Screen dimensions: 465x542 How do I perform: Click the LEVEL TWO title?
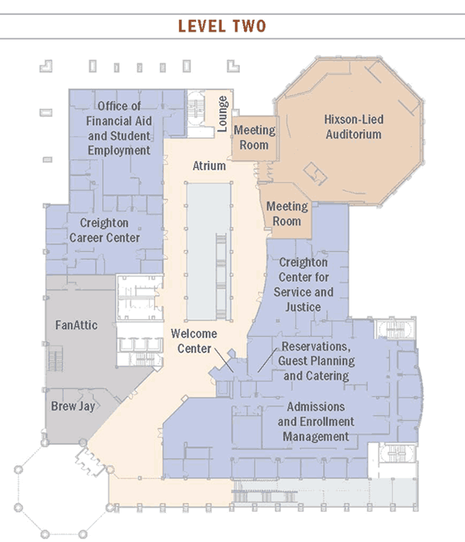[222, 26]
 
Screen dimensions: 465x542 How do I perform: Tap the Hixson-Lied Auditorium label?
[354, 127]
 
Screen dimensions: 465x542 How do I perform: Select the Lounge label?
[222, 114]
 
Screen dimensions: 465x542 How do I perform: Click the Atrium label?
[209, 166]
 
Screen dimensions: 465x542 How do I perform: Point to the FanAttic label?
[77, 325]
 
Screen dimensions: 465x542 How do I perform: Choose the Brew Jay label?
[73, 406]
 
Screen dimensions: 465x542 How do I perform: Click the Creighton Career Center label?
[105, 230]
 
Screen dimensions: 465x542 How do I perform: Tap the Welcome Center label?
[194, 341]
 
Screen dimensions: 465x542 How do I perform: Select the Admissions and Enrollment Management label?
[316, 422]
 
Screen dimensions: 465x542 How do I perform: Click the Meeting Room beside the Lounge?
[254, 138]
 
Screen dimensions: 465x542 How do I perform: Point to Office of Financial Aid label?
[119, 128]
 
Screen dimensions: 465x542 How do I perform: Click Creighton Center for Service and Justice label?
[304, 285]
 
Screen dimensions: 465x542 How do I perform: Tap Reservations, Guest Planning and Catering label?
[316, 361]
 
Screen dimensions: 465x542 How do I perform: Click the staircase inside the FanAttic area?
[55, 359]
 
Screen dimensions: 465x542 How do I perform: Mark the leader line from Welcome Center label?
[224, 360]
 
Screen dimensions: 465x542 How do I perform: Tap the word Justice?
[303, 307]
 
